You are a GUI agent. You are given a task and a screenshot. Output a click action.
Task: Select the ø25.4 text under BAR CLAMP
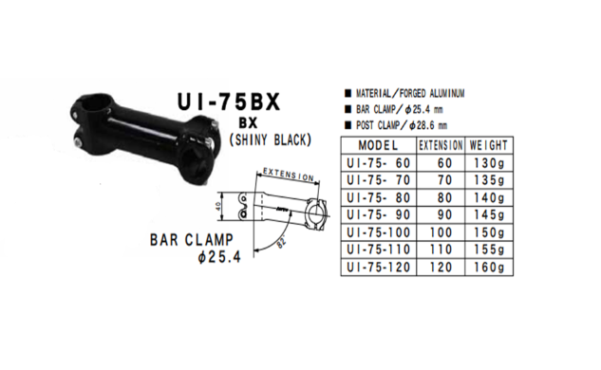click(217, 258)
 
